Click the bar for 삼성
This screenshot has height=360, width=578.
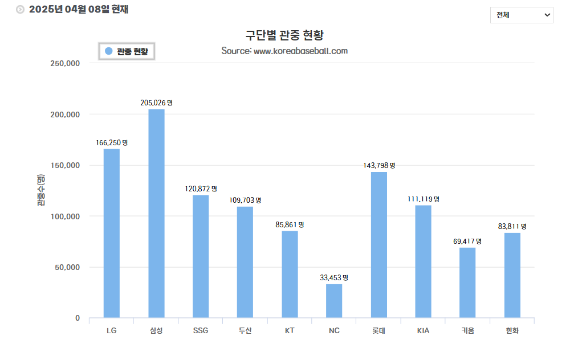click(x=156, y=213)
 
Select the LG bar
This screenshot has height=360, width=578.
click(x=112, y=233)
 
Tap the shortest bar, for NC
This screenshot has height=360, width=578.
click(x=334, y=301)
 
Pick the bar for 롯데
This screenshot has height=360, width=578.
click(x=378, y=244)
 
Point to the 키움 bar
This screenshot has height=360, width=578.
click(x=467, y=283)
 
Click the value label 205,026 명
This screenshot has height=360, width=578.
click(x=156, y=103)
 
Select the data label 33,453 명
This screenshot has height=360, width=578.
click(x=334, y=278)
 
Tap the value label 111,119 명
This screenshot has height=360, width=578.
click(x=423, y=199)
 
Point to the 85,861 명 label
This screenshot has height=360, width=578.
click(x=290, y=225)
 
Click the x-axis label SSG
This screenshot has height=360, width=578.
click(x=201, y=330)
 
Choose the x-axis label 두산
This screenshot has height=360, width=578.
click(x=245, y=330)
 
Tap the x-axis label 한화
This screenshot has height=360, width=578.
click(x=512, y=330)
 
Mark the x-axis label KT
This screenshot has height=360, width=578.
click(x=290, y=330)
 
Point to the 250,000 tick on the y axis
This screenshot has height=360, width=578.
click(x=65, y=63)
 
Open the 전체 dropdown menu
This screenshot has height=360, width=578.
click(x=522, y=15)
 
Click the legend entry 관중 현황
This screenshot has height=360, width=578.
click(x=127, y=51)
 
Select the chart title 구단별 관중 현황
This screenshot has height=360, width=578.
click(x=284, y=35)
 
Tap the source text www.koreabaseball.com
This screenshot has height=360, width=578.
click(x=300, y=51)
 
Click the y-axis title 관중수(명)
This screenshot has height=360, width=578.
click(x=42, y=190)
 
